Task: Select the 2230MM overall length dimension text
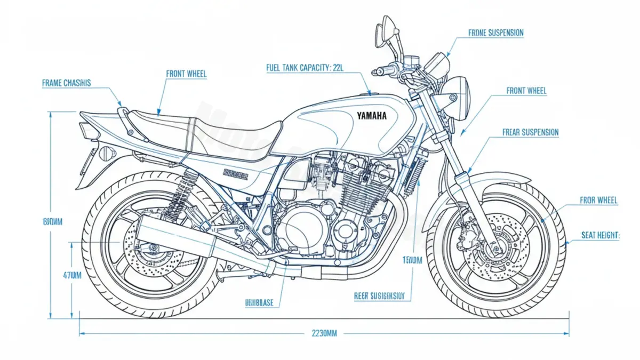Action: (324, 333)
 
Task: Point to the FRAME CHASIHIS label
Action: (66, 83)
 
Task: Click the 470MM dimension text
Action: (72, 276)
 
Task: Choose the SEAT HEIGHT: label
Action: (600, 235)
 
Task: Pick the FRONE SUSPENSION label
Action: (496, 33)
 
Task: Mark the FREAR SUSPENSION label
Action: (531, 132)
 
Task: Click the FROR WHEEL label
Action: (598, 201)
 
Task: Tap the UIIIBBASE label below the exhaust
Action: (259, 302)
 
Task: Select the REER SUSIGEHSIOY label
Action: (379, 295)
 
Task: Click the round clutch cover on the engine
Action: (302, 229)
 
